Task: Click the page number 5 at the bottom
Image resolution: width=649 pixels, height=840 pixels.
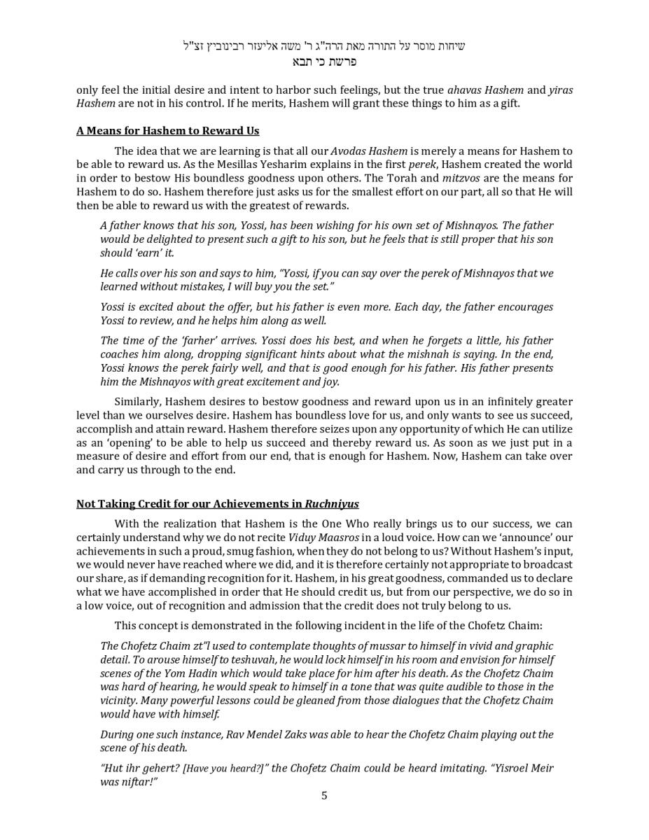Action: point(324,795)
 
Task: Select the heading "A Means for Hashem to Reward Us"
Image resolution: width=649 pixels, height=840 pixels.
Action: point(167,131)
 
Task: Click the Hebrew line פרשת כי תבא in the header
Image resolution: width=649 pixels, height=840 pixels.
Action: point(324,62)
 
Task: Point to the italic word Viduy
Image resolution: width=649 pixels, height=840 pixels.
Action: point(303,538)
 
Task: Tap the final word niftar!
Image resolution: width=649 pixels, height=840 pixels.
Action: point(137,782)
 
